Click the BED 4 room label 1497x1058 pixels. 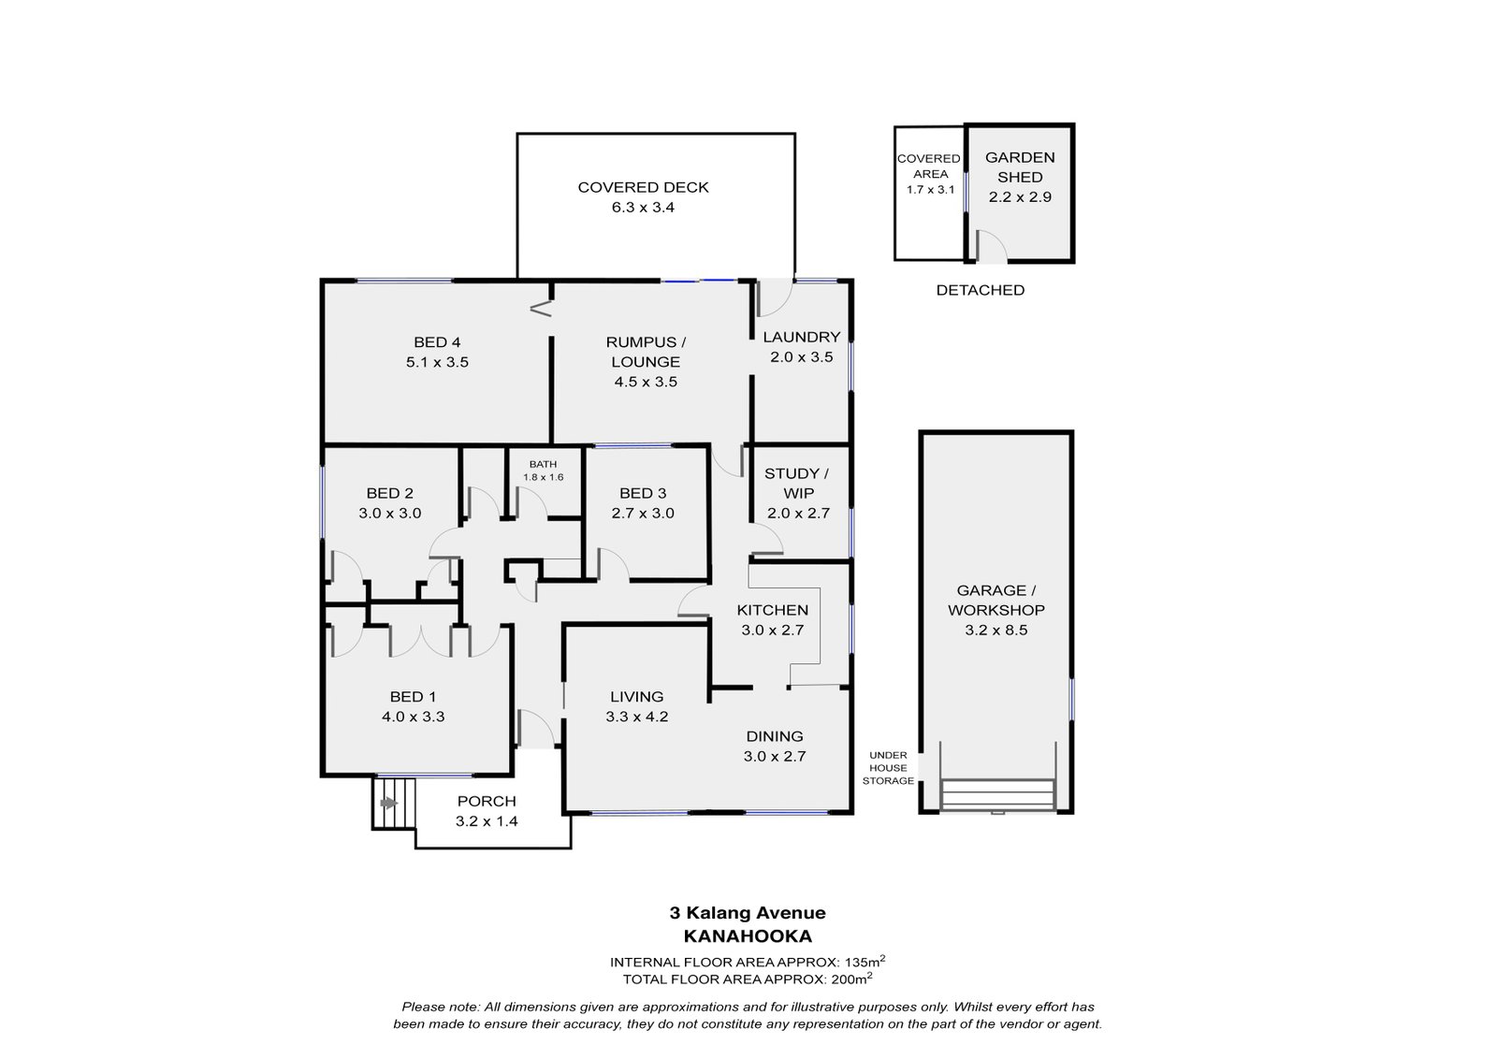(437, 342)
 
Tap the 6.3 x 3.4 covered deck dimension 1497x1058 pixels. (643, 207)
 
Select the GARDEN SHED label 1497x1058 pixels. (1020, 167)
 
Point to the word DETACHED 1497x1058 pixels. (980, 290)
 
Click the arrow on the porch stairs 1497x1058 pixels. (388, 804)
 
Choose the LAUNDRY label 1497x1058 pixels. (801, 337)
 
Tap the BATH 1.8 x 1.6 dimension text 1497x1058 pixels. (544, 477)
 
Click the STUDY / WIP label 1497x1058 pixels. (797, 484)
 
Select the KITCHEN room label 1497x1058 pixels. (773, 610)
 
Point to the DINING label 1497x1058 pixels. (775, 736)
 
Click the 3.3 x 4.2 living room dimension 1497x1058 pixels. (637, 717)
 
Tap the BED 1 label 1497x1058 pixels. (413, 696)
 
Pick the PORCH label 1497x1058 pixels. (487, 801)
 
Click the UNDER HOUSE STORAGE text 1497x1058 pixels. (888, 767)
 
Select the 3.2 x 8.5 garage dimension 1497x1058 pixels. (996, 630)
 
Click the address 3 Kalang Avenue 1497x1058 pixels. (748, 912)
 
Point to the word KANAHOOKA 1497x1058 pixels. (748, 935)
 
